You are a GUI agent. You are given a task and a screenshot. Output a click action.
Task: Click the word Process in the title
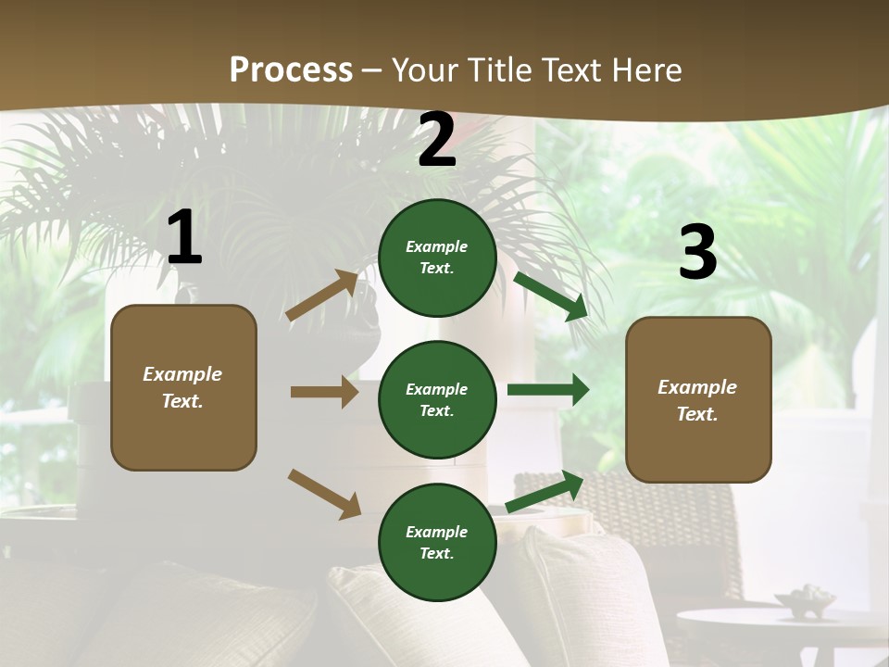point(291,69)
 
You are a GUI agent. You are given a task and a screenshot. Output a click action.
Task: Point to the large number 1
point(184,238)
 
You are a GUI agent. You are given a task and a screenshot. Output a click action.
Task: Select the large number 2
point(437,141)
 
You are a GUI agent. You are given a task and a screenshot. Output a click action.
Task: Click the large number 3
point(697,253)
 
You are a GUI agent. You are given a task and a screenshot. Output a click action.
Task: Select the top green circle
point(437,258)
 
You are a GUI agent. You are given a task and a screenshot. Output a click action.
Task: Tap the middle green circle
point(437,399)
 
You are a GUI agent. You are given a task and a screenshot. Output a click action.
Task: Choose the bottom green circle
point(437,542)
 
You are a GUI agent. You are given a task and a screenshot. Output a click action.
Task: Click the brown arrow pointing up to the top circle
point(322,296)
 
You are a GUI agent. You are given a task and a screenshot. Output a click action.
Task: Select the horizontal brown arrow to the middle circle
point(324,392)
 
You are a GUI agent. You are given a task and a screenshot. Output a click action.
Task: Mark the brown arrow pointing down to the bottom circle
point(324,493)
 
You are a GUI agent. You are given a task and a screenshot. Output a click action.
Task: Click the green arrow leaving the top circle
point(551,296)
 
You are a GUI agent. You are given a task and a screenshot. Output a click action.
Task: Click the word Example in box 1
point(182,374)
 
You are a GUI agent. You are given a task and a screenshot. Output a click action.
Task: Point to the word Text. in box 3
point(697,414)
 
